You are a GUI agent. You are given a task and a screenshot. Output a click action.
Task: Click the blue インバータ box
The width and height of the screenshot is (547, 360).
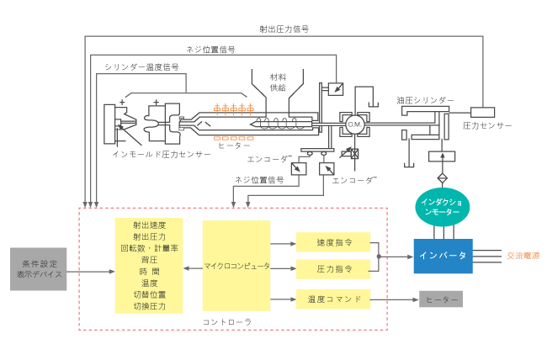[443, 256]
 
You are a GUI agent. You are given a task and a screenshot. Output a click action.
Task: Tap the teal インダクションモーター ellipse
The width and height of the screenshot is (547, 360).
[443, 207]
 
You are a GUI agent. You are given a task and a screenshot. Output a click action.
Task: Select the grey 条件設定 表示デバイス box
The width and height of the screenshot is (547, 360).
[39, 269]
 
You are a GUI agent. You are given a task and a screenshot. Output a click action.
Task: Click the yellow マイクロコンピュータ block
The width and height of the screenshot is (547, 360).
[236, 266]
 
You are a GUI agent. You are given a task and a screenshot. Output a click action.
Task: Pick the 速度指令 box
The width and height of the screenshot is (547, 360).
[333, 242]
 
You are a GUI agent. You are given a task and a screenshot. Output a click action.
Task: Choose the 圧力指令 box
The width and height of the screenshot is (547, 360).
[333, 269]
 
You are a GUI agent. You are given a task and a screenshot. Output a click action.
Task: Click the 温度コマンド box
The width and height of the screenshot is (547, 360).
[333, 299]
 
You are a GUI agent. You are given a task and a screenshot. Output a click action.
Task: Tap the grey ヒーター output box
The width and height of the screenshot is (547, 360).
[441, 299]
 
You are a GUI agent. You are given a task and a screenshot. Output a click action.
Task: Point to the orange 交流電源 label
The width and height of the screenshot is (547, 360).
[523, 256]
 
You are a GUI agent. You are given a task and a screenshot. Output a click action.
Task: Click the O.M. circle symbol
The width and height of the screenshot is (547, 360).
[355, 124]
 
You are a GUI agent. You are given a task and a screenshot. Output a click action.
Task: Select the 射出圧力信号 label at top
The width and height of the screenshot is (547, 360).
[284, 29]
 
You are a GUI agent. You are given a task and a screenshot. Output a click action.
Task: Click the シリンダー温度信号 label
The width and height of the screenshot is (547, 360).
[141, 66]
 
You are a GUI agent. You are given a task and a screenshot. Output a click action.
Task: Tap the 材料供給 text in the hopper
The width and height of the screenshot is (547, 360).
[278, 82]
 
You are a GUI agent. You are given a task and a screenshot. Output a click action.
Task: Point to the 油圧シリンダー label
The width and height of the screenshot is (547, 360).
[425, 100]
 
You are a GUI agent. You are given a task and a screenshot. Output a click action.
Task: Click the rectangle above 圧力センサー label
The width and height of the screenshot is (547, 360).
[482, 113]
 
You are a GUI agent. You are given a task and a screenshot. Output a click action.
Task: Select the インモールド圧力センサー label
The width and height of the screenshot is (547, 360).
[162, 154]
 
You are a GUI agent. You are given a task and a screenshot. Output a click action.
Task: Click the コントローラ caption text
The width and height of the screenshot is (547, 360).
[227, 322]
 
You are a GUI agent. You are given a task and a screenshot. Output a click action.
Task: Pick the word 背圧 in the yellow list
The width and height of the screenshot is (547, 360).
[149, 260]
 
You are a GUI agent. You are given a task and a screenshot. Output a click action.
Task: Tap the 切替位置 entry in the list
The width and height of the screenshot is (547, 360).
[149, 294]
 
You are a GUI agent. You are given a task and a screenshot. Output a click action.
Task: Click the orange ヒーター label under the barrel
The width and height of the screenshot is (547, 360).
[234, 146]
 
